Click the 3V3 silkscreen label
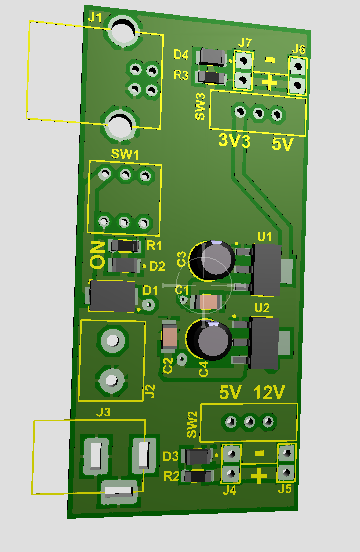[x=234, y=140]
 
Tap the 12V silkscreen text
[x=269, y=392]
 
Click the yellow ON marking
[x=98, y=255]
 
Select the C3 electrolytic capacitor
[x=212, y=260]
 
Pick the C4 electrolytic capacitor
[x=209, y=340]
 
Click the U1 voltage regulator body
[x=266, y=269]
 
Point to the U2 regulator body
[x=263, y=343]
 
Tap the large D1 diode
[x=113, y=295]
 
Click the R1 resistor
[x=124, y=246]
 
